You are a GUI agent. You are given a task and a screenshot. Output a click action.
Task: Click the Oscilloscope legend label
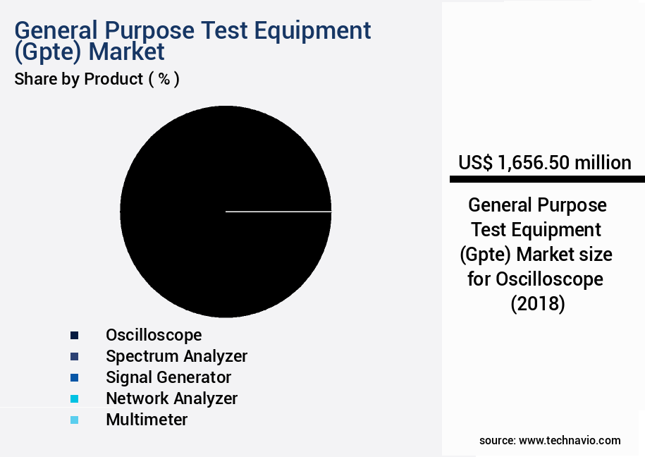[x=154, y=334]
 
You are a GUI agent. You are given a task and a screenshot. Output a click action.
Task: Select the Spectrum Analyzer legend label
[x=176, y=355]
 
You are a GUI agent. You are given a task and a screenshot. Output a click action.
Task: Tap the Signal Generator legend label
[x=168, y=377]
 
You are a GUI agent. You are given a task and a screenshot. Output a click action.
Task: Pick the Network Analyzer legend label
[x=171, y=398]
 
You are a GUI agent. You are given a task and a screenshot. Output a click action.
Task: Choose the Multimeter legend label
[x=147, y=420]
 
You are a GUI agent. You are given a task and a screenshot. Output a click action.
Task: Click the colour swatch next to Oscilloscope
[x=74, y=335]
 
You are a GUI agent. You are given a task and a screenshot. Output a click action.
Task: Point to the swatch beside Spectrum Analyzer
[x=74, y=356]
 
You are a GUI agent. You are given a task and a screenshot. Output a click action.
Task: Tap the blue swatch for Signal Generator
[x=74, y=377]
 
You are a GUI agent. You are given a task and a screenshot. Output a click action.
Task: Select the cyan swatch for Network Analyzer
[x=74, y=398]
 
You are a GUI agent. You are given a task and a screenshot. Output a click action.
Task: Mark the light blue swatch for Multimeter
[x=74, y=420]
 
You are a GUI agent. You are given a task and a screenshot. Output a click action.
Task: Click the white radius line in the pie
[x=278, y=211]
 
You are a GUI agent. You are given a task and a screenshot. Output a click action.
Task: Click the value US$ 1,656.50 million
[x=544, y=163]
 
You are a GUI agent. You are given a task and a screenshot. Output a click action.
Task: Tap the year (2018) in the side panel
[x=537, y=304]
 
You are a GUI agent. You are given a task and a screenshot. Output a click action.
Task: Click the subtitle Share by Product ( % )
[x=97, y=79]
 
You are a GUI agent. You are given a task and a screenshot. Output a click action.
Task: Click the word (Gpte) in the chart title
[x=45, y=51]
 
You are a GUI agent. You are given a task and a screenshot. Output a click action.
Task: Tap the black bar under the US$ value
[x=547, y=180]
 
